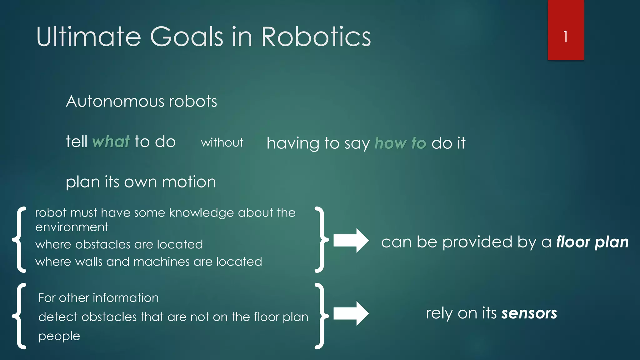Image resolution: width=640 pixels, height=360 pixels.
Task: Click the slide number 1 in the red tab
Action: [565, 37]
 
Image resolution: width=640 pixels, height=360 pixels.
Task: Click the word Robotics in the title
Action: [316, 37]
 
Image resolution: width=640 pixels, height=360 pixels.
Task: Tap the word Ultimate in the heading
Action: [89, 37]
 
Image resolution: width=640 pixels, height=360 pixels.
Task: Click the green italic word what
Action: [111, 142]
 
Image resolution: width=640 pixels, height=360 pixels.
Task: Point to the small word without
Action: [222, 143]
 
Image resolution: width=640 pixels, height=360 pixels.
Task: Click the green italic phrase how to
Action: [400, 143]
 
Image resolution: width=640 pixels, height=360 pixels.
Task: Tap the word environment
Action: [72, 227]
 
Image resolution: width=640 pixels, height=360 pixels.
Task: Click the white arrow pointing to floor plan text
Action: [351, 241]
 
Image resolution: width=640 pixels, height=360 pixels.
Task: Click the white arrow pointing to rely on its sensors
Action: [351, 313]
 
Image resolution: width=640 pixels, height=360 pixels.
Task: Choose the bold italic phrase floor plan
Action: [592, 242]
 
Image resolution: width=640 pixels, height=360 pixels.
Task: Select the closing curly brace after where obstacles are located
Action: [322, 240]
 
